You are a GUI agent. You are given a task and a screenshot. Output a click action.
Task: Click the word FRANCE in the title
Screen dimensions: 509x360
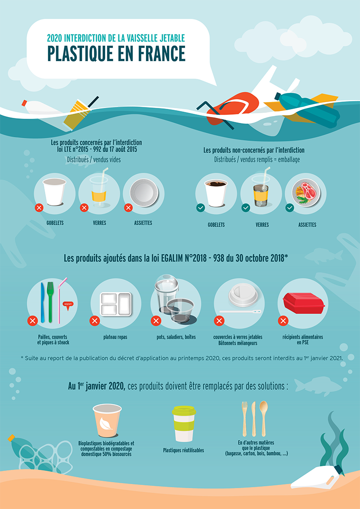pos(157,54)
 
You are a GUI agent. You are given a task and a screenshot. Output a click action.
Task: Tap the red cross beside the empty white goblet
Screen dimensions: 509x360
pos(39,208)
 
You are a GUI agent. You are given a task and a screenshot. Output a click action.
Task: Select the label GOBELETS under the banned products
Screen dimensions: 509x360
pos(55,223)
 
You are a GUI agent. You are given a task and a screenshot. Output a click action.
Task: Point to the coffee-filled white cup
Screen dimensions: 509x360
pos(216,192)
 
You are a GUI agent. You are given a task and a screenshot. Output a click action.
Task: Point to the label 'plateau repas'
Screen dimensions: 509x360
pos(115,337)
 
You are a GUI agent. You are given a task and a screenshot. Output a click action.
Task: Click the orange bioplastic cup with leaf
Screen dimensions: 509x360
pos(107,421)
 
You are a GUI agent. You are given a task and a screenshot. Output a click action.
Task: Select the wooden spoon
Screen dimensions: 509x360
pos(263,417)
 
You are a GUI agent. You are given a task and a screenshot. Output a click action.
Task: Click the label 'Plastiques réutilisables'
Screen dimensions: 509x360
pos(184,451)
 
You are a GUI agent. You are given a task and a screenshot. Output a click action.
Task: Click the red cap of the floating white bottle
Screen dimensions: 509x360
pos(24,103)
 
